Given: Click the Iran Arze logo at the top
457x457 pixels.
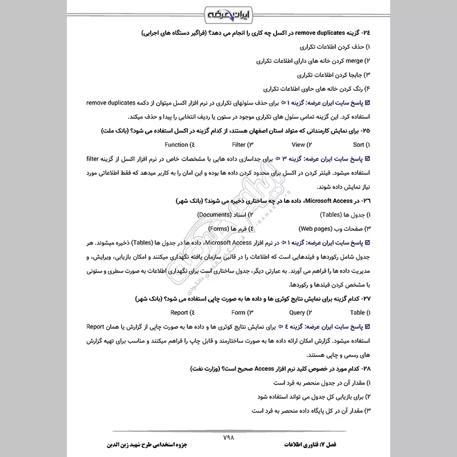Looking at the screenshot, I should [228, 14].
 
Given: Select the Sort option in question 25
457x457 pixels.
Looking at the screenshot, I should [358, 145].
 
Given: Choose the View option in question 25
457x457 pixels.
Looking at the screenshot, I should [298, 145].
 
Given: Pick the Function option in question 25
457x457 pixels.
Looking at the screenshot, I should [176, 145].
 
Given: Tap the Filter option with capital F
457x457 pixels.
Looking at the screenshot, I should [238, 145].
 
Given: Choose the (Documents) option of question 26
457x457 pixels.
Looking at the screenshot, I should [214, 214].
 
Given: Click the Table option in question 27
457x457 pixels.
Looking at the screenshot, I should [358, 312].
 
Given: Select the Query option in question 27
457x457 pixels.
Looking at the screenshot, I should [297, 312].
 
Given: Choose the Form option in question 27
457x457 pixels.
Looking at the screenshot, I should [238, 312].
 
